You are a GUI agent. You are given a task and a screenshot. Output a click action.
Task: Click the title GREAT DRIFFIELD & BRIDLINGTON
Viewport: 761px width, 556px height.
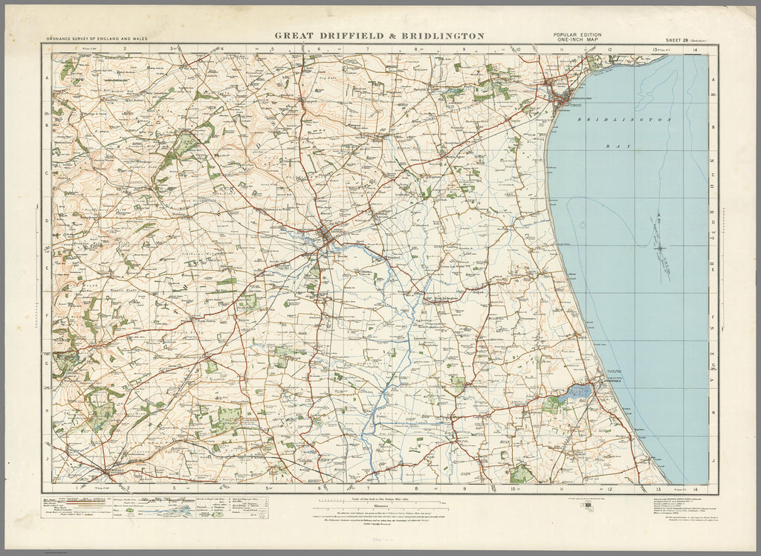pos(380,35)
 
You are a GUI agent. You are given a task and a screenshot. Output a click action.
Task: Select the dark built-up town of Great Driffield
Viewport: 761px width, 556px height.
pos(328,236)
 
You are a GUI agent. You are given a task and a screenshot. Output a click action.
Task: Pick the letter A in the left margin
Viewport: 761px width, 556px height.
pos(46,77)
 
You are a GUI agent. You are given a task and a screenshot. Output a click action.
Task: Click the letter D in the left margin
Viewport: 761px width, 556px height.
pos(46,221)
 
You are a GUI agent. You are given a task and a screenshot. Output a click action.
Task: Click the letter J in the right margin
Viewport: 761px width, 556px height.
pos(713,460)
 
